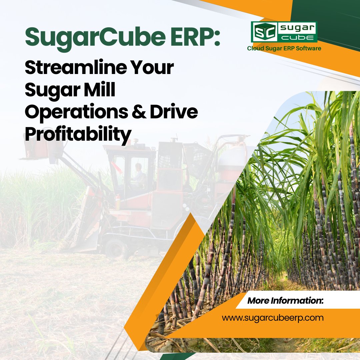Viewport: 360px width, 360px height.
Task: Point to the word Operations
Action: tap(76, 113)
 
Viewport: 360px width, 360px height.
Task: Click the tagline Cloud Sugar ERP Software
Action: tap(284, 49)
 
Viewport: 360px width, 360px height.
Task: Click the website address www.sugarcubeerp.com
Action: tap(273, 318)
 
